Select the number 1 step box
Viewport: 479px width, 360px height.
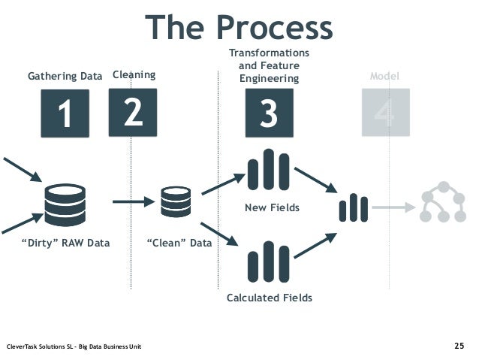click(x=65, y=113)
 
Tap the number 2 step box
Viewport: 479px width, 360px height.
click(x=133, y=113)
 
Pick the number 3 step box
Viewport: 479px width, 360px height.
click(x=269, y=113)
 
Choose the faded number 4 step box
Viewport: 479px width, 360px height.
click(x=384, y=113)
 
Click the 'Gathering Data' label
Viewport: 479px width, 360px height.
click(x=65, y=76)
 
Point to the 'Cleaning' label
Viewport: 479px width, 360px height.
click(x=134, y=74)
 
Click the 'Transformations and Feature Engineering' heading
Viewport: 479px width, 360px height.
click(x=269, y=66)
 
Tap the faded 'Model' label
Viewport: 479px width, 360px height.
click(x=385, y=77)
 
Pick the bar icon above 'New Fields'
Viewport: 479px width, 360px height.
click(x=268, y=171)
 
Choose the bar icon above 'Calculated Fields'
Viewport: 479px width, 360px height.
click(x=268, y=262)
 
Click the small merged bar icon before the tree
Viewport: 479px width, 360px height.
click(x=353, y=208)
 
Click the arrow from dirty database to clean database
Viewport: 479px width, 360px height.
click(x=133, y=201)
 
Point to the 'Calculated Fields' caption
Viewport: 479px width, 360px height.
click(x=269, y=298)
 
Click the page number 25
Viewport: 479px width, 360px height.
click(x=459, y=346)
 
